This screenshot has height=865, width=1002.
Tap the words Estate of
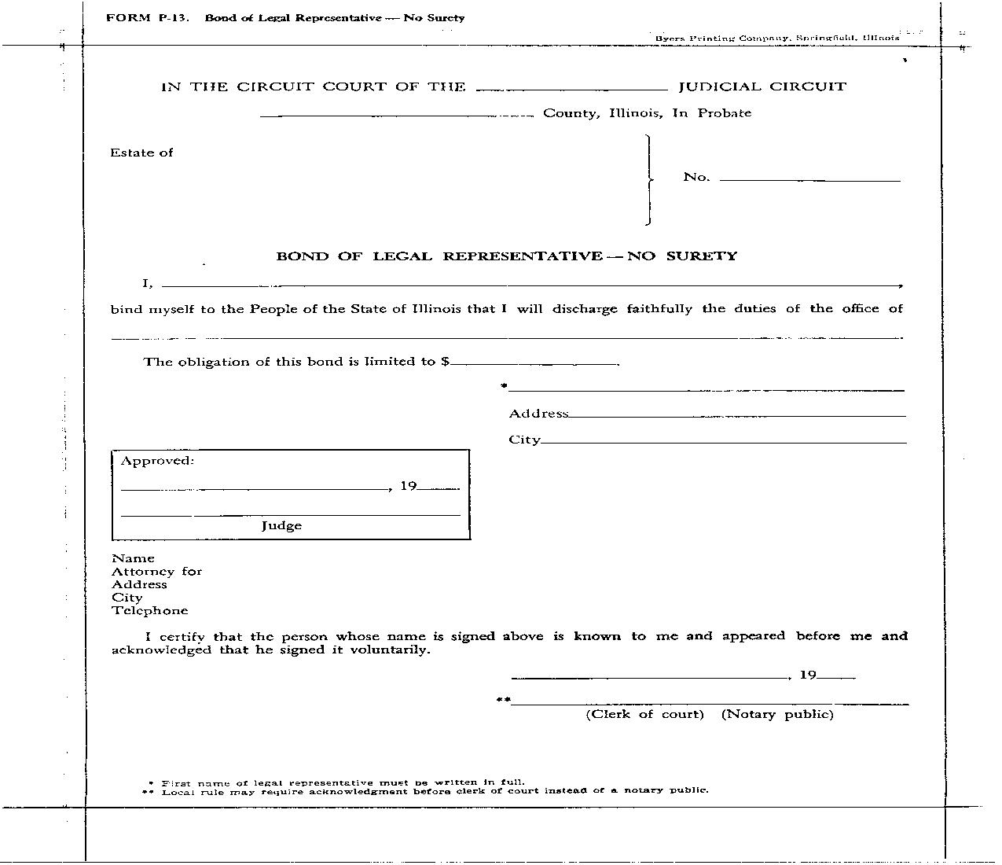click(141, 153)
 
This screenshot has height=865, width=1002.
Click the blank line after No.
click(809, 181)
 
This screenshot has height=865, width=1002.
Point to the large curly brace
click(648, 180)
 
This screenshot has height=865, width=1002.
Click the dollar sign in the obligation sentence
click(446, 362)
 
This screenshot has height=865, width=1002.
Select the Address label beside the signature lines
click(538, 414)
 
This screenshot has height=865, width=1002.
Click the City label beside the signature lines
click(524, 440)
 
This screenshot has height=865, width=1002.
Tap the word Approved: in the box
click(157, 461)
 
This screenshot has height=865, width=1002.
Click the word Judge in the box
click(281, 526)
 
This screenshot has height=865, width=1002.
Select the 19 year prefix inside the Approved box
click(408, 486)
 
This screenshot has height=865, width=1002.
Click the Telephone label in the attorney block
click(149, 611)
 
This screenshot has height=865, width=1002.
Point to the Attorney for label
click(156, 572)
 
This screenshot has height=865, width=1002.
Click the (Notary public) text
click(777, 714)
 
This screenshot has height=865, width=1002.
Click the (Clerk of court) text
click(644, 714)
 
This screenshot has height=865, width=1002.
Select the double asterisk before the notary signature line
click(503, 699)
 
